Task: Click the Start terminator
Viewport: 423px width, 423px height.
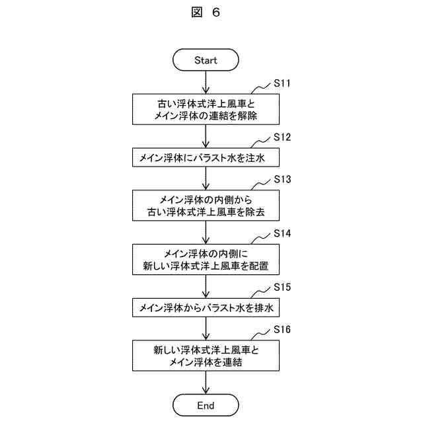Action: (206, 59)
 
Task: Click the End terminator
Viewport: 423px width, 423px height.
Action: (206, 404)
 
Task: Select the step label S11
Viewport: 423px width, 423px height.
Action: (282, 84)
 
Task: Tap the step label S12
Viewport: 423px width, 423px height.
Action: (282, 137)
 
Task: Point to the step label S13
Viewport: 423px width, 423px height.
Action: (282, 179)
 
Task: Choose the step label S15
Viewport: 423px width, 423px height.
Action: (282, 288)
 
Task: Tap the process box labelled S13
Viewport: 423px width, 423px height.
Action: (206, 206)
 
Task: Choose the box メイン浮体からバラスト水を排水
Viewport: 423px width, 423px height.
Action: (206, 307)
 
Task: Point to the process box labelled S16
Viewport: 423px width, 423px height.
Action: (206, 356)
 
